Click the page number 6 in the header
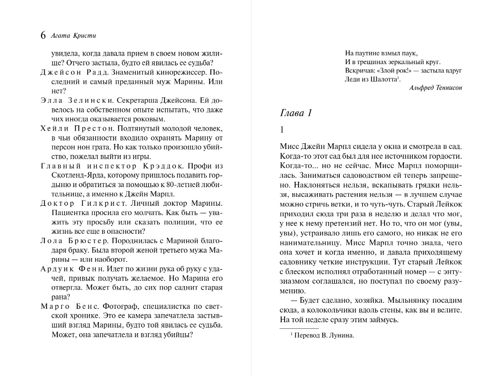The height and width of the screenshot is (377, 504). (43, 35)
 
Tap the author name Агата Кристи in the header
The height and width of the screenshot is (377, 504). (73, 35)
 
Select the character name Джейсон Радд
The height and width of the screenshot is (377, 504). (75, 72)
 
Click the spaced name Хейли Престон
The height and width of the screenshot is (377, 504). (75, 128)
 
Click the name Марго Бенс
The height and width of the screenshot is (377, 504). (69, 306)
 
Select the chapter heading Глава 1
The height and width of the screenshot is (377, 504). (296, 113)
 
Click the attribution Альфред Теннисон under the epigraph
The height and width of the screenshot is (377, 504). (435, 88)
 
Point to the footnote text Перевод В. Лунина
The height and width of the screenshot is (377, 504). (322, 335)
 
